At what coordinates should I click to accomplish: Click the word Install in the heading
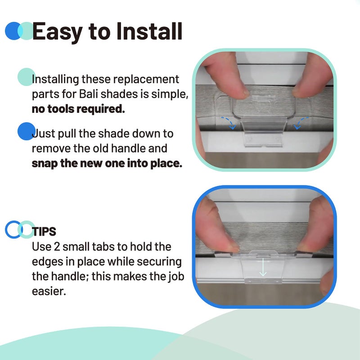(149, 31)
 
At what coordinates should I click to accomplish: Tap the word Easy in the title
(57, 32)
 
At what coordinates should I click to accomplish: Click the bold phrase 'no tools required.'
(78, 108)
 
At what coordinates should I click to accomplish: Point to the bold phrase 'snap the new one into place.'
(107, 163)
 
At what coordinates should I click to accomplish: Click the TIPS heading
(44, 231)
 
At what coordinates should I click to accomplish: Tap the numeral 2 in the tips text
(57, 247)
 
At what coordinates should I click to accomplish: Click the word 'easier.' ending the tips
(49, 291)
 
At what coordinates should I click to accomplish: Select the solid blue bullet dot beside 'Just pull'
(27, 131)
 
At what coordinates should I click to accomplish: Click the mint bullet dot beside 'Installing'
(27, 77)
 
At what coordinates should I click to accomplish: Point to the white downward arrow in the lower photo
(263, 267)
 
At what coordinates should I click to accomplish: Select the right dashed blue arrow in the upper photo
(300, 121)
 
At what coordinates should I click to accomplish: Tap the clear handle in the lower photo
(263, 266)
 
